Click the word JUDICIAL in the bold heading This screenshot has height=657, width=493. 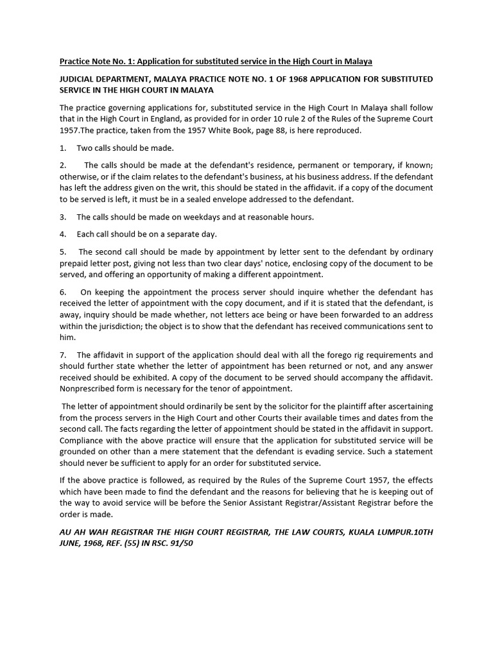point(78,79)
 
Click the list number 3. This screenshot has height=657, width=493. point(62,217)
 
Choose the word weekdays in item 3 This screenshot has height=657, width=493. point(207,217)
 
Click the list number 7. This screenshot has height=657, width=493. point(62,355)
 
